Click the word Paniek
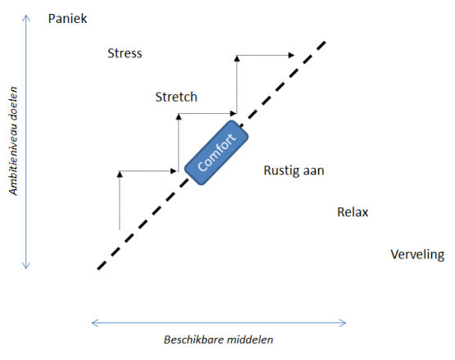click(66, 17)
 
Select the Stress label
click(125, 54)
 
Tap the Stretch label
click(176, 97)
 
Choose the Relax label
click(353, 212)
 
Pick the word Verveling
click(417, 254)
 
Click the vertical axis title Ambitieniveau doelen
click(13, 143)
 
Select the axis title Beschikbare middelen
click(219, 339)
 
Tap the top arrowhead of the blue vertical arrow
click(27, 17)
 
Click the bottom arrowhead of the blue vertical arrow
click(27, 267)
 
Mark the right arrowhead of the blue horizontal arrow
click(348, 322)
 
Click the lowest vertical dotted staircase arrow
click(120, 201)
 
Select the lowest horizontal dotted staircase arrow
click(148, 172)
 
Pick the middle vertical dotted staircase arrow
click(178, 143)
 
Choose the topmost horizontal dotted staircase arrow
click(265, 56)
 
